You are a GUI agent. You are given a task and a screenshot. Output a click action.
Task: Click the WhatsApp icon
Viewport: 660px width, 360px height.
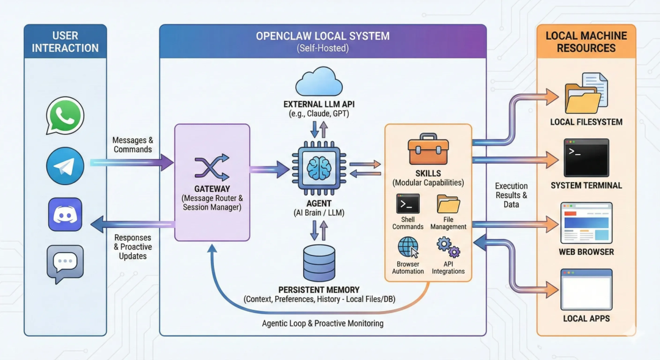click(65, 115)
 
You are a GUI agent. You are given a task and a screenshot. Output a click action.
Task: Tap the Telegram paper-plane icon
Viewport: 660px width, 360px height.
click(65, 166)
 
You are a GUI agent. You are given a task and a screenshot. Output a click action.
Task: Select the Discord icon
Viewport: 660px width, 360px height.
click(65, 214)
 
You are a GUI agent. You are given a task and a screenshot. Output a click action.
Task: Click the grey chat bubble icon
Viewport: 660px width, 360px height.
click(65, 263)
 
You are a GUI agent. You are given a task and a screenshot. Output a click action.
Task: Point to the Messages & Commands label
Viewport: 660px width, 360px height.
click(133, 145)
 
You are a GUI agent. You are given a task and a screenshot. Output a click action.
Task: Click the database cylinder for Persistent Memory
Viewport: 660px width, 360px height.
click(319, 263)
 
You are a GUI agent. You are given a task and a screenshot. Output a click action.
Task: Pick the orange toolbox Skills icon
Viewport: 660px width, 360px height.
click(428, 151)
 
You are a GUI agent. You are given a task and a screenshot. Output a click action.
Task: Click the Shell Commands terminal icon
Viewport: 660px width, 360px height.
click(408, 203)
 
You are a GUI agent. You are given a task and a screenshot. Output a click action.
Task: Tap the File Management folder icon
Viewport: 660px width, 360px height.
click(449, 203)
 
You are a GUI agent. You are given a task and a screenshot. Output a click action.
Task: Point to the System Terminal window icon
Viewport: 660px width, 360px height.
click(586, 158)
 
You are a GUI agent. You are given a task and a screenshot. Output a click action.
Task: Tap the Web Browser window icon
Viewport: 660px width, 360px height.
click(586, 223)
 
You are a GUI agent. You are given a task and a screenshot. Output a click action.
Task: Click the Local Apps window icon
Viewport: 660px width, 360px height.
click(586, 290)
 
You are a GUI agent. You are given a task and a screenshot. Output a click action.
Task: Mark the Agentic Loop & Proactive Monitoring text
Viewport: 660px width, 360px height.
click(323, 323)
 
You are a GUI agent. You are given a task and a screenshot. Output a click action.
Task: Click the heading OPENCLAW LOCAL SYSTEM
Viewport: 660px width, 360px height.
click(323, 36)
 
